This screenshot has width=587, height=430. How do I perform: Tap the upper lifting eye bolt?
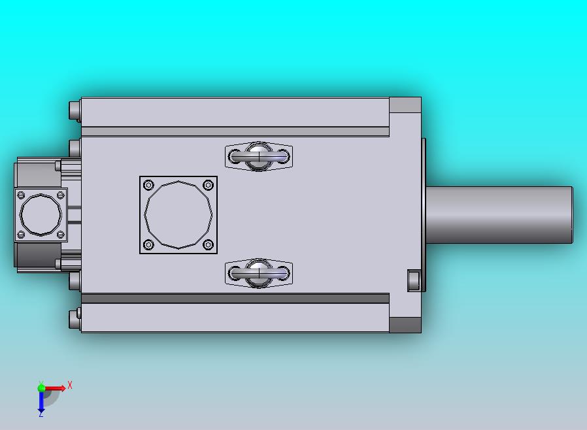[x=259, y=156]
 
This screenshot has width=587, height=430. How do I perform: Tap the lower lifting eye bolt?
[x=259, y=273]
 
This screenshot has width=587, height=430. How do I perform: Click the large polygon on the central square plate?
[x=178, y=215]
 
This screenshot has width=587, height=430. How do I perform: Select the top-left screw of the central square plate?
[x=148, y=185]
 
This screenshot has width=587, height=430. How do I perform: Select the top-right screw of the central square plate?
[x=208, y=185]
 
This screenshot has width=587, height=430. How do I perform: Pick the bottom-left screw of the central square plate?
[x=148, y=245]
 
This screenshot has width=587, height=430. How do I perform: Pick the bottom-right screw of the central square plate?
[x=208, y=245]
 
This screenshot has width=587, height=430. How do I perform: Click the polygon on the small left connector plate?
[x=41, y=215]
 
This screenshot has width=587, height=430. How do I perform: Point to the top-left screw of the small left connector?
[x=22, y=195]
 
